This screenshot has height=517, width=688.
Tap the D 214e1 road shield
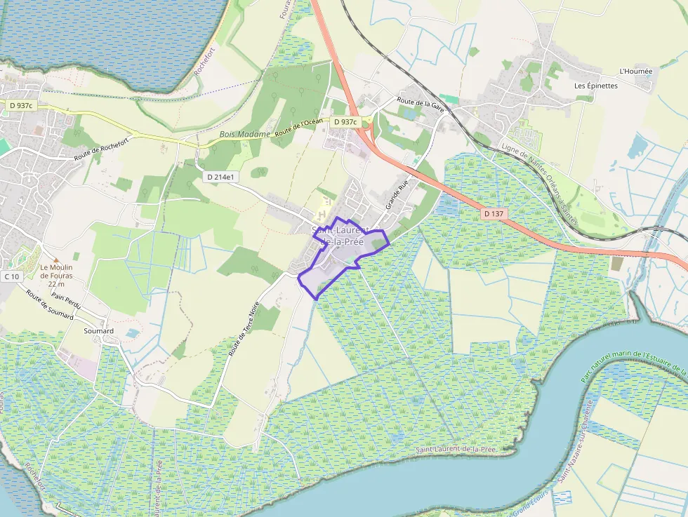coord(220,177)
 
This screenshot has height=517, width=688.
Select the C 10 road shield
coord(11,276)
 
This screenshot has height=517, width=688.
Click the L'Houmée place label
coord(636,72)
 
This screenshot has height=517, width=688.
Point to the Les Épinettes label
coord(595,86)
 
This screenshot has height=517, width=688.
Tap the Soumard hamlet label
coord(98,330)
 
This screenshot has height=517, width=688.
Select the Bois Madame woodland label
coord(244,134)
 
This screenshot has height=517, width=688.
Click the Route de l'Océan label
coord(299,127)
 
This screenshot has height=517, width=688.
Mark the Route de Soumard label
coord(50,306)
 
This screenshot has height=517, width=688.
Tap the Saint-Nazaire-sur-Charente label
coord(575,441)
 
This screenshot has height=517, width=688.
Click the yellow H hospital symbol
coord(322,213)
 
